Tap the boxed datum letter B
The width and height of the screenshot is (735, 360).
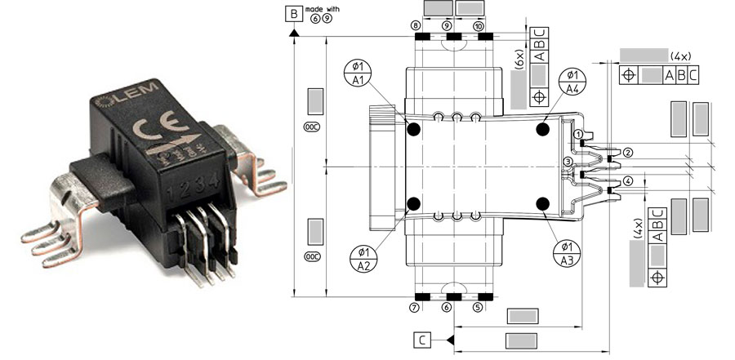coord(292,13)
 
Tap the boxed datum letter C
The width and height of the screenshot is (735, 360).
coord(421,339)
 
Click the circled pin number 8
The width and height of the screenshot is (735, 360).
coord(416,26)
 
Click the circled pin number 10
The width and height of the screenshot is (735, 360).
coord(479,26)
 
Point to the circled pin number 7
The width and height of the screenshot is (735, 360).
coord(415,308)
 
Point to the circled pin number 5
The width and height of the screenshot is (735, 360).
coord(478,308)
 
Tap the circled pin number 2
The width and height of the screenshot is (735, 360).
coord(628,153)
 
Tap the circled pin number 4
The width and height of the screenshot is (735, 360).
coord(628,180)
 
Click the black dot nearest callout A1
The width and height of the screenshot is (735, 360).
coord(413,130)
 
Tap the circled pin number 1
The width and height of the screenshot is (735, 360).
coord(577,134)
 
